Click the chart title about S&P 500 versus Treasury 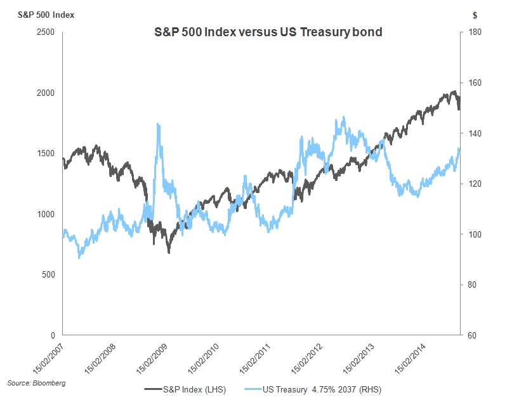268,32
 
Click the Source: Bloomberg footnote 36,384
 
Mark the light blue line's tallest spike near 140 157,124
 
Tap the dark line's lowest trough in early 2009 169,253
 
